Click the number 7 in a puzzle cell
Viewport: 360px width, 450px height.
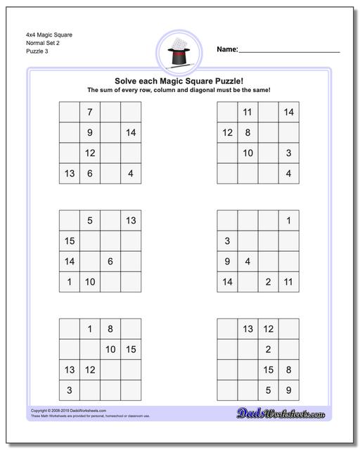coord(89,112)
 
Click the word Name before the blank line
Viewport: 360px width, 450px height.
coord(226,49)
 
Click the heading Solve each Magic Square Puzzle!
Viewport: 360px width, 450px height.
coord(179,80)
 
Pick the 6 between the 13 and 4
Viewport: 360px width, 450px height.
coord(89,174)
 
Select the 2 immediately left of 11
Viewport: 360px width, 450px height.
coord(268,282)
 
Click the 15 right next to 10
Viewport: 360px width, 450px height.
coord(131,349)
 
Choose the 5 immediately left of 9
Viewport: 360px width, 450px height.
coord(268,390)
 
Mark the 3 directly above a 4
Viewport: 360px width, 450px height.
coord(288,153)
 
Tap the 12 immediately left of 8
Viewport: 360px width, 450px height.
coord(227,132)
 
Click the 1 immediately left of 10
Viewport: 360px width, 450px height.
coord(70,282)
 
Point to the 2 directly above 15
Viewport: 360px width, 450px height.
coord(268,349)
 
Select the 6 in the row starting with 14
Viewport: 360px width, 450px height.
coord(110,262)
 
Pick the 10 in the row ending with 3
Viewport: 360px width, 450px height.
coord(247,153)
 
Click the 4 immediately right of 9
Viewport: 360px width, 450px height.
coord(247,262)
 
